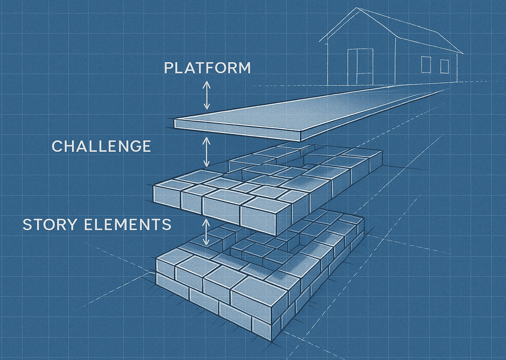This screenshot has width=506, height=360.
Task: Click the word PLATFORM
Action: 207,68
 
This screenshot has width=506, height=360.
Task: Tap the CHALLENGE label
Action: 101,146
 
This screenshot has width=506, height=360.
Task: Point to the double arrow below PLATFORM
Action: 206,95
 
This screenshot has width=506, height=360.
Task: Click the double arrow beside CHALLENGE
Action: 206,152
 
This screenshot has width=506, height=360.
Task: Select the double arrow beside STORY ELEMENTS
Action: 206,232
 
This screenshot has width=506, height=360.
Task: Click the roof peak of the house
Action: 357,8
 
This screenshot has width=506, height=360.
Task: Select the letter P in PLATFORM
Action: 169,68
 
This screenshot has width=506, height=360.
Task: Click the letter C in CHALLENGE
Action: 57,146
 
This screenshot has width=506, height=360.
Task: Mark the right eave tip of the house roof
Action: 463,54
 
